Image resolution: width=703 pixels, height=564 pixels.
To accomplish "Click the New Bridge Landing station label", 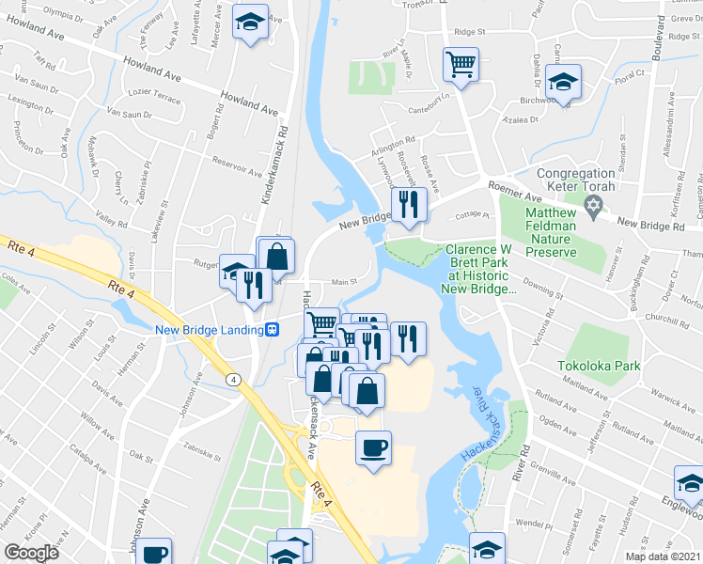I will [208, 329].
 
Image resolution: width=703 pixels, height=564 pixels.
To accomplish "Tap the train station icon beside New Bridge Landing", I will [272, 329].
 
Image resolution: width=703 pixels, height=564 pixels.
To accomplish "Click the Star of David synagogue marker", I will [593, 206].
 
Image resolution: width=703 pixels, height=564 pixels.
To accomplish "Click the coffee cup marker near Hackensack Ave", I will [373, 446].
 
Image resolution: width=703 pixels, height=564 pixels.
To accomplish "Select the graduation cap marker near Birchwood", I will [564, 82].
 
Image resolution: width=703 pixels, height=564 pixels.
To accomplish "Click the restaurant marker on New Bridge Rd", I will [408, 205].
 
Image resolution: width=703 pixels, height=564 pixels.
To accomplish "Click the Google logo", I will [31, 553].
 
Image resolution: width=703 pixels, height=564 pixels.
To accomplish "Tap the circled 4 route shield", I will [234, 378].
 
